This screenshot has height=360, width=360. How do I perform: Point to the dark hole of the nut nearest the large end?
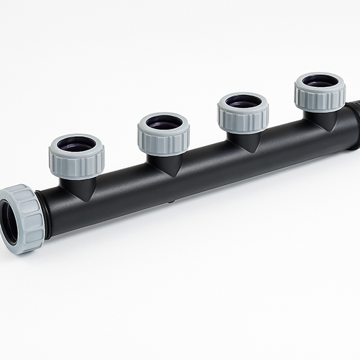[76, 145]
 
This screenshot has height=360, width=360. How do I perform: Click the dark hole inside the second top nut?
[163, 122]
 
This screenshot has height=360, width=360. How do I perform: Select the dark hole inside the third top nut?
[243, 102]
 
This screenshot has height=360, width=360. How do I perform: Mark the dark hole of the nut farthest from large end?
[319, 81]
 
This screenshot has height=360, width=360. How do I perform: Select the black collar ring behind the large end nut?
[42, 215]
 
